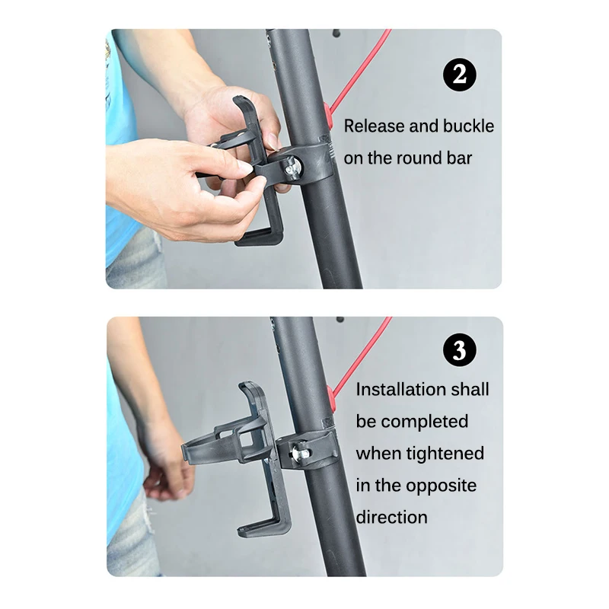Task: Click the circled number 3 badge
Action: point(459,350)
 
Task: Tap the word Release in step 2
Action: point(374,126)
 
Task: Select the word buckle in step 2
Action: point(467,126)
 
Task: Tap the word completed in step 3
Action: point(425,421)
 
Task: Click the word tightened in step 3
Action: point(442,453)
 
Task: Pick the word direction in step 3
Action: point(392,517)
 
